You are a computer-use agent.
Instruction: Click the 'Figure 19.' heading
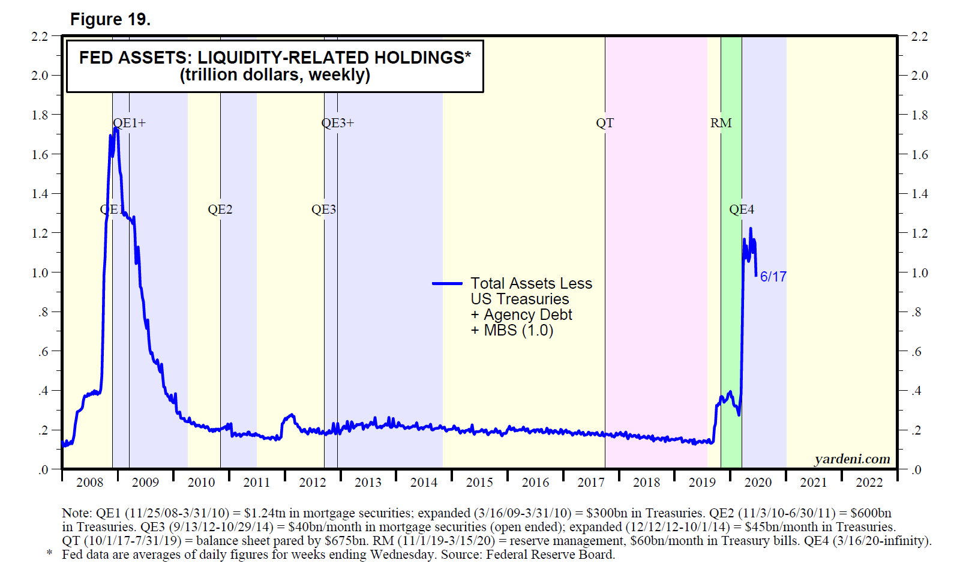(x=110, y=20)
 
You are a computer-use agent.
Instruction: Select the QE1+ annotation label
(x=130, y=123)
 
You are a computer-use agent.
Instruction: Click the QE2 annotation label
(x=220, y=209)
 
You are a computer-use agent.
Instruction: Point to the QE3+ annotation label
(x=338, y=123)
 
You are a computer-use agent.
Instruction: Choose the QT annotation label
(x=605, y=123)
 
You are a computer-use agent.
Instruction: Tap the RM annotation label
(x=721, y=123)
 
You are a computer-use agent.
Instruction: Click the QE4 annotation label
(x=742, y=209)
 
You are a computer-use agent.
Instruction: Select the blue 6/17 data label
(x=773, y=277)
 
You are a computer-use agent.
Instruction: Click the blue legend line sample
(x=447, y=283)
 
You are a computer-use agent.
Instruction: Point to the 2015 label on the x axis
(x=479, y=483)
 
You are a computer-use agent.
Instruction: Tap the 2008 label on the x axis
(x=90, y=483)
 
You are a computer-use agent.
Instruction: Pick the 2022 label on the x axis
(x=869, y=483)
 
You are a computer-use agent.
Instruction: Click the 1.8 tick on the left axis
(x=40, y=115)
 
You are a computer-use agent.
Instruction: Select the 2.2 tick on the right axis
(x=919, y=37)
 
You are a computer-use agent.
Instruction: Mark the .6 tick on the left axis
(x=43, y=352)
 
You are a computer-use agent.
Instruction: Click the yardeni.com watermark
(x=852, y=459)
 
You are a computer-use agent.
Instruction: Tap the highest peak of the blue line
(x=116, y=128)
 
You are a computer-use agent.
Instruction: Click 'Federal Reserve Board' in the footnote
(x=550, y=555)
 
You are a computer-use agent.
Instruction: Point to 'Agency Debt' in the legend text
(x=528, y=315)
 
